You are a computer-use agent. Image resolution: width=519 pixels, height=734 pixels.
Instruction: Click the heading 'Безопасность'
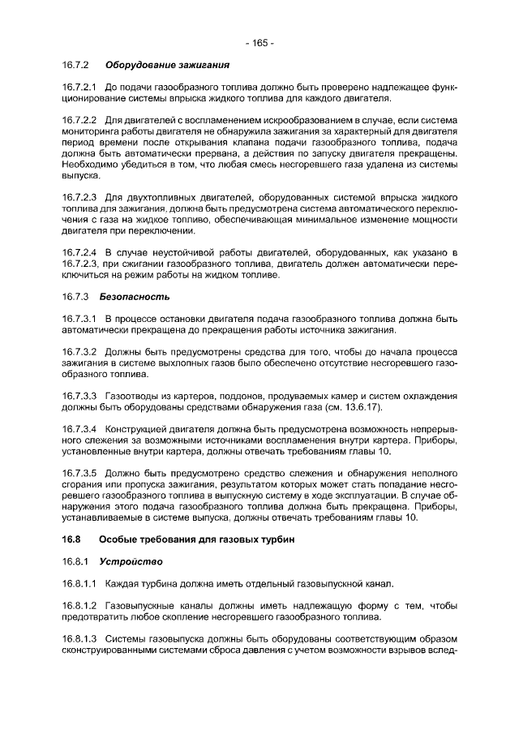coord(135,297)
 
